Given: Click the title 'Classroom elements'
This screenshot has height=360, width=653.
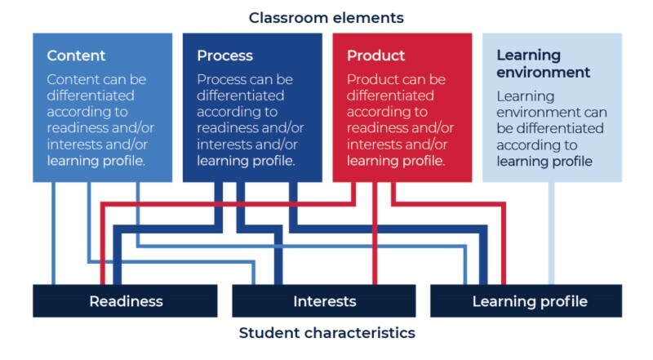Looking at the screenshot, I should coord(326,17).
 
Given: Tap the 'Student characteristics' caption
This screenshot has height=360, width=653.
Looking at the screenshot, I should coord(326,333).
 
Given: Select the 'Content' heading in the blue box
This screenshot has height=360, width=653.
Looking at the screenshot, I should coord(76,56).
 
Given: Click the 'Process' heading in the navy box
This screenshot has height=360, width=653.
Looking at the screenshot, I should coord(224,56).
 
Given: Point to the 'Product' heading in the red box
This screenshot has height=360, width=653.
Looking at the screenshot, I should coord(375,56).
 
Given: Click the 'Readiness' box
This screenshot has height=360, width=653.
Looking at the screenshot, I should coord(125,301).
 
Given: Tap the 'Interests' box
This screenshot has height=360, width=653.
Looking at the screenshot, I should coord(324,301).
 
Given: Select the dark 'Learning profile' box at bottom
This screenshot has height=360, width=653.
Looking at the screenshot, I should coord(529,301).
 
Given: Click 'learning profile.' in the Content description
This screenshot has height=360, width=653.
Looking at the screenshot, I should coord(96,160).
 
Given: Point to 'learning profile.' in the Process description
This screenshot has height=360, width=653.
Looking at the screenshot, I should coord(246,160).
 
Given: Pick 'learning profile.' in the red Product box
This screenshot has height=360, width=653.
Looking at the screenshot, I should coord(396,160).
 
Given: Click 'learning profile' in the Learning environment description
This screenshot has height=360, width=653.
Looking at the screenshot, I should coord(544,161).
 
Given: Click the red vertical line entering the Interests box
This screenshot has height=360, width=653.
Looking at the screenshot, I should coord(375,245).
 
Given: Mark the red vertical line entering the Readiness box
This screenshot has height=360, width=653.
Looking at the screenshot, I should coord(102,261).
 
